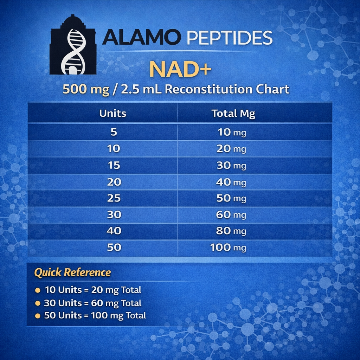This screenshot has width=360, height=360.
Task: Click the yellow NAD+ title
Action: click(180, 69)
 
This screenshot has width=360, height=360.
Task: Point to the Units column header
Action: click(113, 114)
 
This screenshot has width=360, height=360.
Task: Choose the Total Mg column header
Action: click(233, 114)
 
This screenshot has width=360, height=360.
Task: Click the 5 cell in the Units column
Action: click(114, 132)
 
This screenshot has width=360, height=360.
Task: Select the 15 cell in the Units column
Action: click(114, 165)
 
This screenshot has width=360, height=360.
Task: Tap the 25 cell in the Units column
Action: click(114, 198)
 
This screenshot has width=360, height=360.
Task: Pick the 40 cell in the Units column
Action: click(114, 231)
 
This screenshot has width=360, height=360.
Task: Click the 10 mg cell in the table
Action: click(232, 132)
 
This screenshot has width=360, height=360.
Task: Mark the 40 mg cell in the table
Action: click(231, 182)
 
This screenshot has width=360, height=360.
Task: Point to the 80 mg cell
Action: click(231, 231)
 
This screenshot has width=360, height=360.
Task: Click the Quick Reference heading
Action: click(72, 272)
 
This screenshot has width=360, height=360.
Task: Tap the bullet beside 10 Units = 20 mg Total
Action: click(38, 290)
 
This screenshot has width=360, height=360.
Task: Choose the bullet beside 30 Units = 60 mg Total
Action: click(38, 303)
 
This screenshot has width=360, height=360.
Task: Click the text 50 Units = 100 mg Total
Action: click(95, 316)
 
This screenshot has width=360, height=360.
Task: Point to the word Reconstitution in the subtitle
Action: click(208, 89)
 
